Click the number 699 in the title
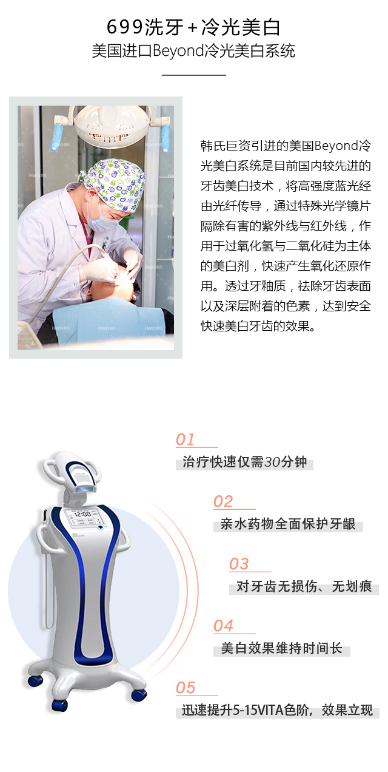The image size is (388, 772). pyautogui.click(x=124, y=27)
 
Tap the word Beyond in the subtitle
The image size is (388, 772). pyautogui.click(x=178, y=51)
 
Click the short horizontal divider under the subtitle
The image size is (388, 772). pyautogui.click(x=194, y=75)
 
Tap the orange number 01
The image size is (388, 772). pyautogui.click(x=185, y=439)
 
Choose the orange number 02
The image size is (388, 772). pyautogui.click(x=223, y=501)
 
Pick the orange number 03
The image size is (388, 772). pyautogui.click(x=239, y=564)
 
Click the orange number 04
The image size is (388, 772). pyautogui.click(x=223, y=626)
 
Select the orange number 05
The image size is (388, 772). pyautogui.click(x=186, y=688)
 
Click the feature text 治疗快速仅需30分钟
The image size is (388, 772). pyautogui.click(x=244, y=462)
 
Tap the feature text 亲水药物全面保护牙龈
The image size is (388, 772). pyautogui.click(x=288, y=524)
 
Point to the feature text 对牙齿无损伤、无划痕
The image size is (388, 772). pyautogui.click(x=304, y=586)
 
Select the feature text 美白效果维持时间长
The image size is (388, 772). pyautogui.click(x=282, y=648)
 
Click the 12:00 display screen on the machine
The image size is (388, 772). pyautogui.click(x=82, y=518)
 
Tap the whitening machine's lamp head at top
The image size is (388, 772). pyautogui.click(x=73, y=473)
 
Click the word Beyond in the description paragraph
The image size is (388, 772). pyautogui.click(x=336, y=146)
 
